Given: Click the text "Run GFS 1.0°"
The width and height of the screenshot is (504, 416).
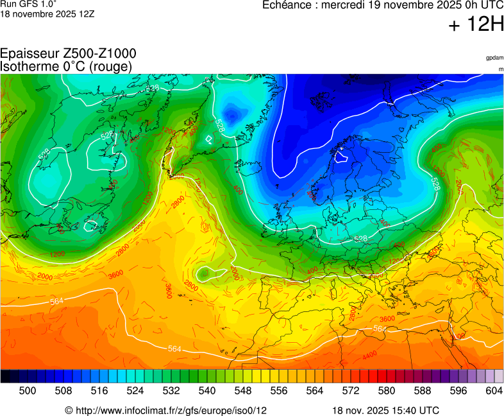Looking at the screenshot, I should coord(28,3).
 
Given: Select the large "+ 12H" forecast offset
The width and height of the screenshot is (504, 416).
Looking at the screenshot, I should coord(477,24).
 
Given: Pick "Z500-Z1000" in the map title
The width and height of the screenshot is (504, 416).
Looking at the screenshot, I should coord(99,54).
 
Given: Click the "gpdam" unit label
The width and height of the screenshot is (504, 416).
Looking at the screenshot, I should coord(494,58).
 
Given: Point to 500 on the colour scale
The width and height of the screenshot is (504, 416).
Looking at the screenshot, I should coord(28,390).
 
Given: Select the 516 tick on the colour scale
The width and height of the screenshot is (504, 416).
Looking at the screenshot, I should coord(99,390).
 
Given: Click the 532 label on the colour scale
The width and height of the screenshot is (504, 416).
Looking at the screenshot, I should coord(171,390).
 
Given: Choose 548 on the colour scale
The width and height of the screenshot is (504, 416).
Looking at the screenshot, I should coord(243,390).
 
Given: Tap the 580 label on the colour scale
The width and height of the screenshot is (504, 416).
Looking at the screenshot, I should coord(387,390).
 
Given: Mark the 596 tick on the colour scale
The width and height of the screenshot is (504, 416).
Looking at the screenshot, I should coord(458,390).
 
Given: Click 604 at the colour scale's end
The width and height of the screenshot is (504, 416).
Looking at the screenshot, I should coord(494,390).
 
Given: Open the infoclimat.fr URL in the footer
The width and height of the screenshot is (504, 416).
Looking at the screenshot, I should coord(170,410).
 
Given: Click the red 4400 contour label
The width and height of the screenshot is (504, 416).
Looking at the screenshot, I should coord(369,355).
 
